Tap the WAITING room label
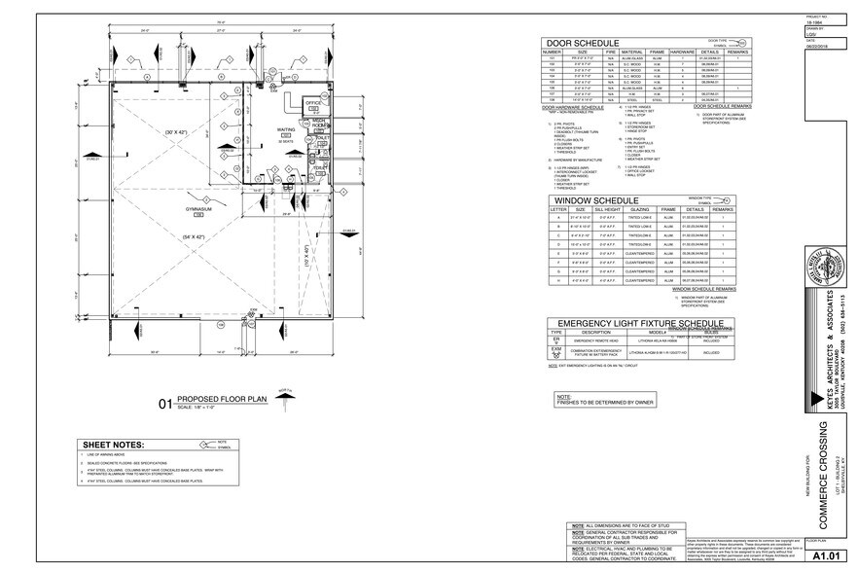(259, 128)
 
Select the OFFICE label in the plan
(313, 102)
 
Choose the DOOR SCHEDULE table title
(583, 44)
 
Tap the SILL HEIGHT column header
(606, 208)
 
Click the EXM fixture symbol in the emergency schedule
(556, 353)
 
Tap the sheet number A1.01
(826, 556)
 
